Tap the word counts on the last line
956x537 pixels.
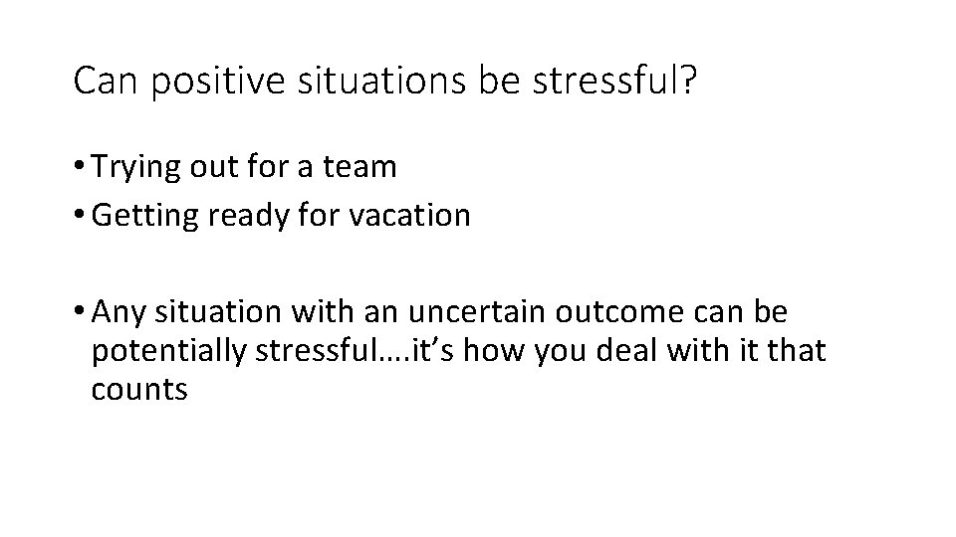coord(138,390)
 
